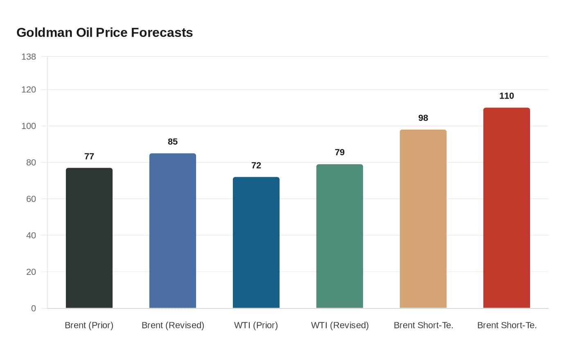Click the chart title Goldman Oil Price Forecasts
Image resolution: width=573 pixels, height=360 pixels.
click(104, 32)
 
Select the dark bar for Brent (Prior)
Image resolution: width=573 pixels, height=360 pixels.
click(89, 238)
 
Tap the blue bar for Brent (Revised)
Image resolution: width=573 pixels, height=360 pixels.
click(173, 231)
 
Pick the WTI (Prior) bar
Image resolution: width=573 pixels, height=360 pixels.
click(256, 243)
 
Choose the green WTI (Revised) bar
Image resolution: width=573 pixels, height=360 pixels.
click(340, 236)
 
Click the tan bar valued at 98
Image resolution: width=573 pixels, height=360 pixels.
click(423, 219)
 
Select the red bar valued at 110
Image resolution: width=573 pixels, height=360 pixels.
click(507, 208)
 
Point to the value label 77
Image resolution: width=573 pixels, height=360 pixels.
click(89, 156)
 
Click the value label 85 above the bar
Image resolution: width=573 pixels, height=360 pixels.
click(173, 142)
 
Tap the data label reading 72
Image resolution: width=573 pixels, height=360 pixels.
click(256, 165)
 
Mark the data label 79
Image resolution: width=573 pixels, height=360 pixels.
click(340, 152)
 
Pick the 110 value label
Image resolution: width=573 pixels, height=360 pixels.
click(507, 96)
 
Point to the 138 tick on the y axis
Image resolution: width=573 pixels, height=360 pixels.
click(29, 57)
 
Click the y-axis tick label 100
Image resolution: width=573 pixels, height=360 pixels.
click(29, 126)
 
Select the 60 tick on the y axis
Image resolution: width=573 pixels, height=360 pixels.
click(31, 199)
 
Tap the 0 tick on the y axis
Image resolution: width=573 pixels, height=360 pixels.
click(34, 308)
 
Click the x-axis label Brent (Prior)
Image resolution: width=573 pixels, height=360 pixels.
click(89, 325)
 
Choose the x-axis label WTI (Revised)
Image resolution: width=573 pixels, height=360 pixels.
click(340, 325)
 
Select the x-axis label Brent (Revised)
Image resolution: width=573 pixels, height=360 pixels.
click(173, 325)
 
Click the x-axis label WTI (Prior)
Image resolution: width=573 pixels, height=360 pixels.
click(256, 325)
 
